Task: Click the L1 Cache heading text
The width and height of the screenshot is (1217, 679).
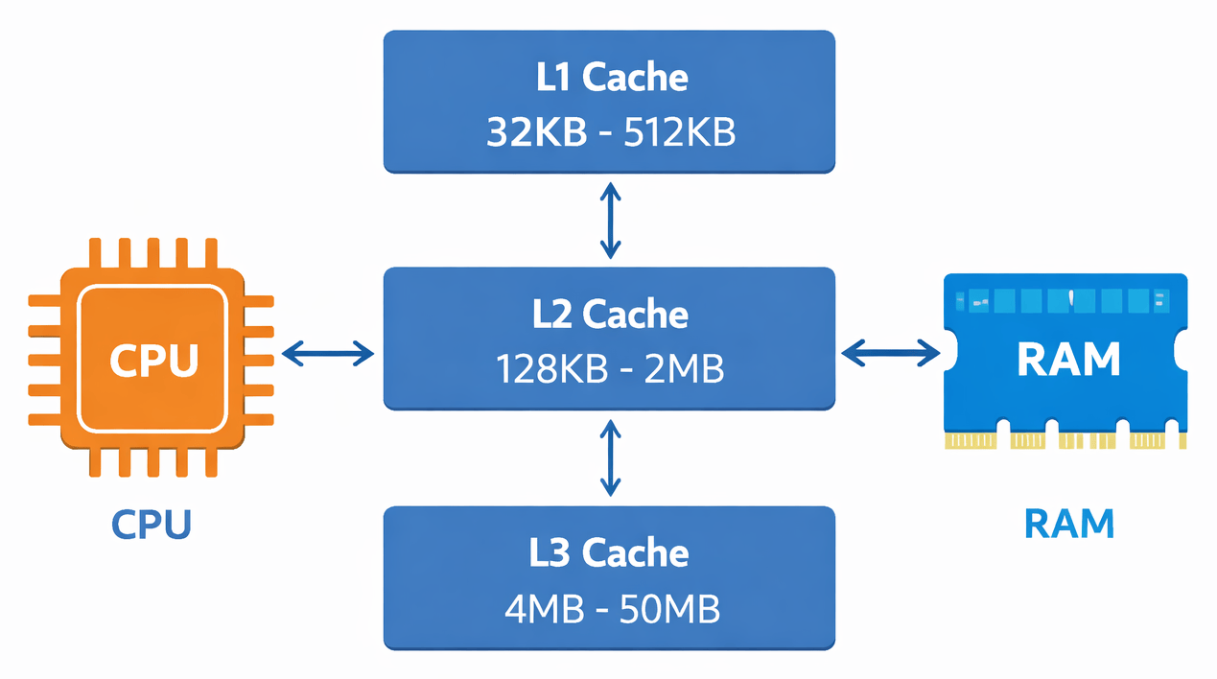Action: (610, 78)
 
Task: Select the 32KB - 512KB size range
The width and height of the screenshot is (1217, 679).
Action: (610, 133)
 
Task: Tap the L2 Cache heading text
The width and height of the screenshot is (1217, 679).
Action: (610, 314)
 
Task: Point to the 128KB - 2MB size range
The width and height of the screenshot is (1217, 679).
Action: (610, 369)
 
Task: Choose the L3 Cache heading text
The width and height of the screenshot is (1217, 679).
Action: (610, 552)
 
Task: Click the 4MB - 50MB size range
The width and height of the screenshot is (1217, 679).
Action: (610, 608)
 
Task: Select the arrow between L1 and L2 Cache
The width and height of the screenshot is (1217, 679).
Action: (610, 221)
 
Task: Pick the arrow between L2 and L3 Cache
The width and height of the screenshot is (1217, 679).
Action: (610, 458)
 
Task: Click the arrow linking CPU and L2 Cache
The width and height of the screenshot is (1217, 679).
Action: (329, 354)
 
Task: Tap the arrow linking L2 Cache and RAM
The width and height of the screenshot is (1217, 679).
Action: (891, 353)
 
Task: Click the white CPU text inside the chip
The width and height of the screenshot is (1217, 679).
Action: (153, 361)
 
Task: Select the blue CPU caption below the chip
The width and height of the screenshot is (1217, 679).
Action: (152, 525)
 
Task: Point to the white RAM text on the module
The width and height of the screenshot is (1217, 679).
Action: (1067, 359)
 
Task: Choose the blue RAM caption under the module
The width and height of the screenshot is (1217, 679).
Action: (1069, 524)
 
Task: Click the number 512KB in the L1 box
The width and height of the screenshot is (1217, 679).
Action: (679, 133)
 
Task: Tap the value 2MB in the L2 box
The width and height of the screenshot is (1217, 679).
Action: (683, 369)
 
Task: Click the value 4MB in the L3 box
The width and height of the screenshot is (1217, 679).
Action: (543, 608)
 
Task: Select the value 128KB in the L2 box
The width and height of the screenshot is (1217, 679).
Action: (551, 369)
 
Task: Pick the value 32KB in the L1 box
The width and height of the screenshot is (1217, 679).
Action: (536, 133)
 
